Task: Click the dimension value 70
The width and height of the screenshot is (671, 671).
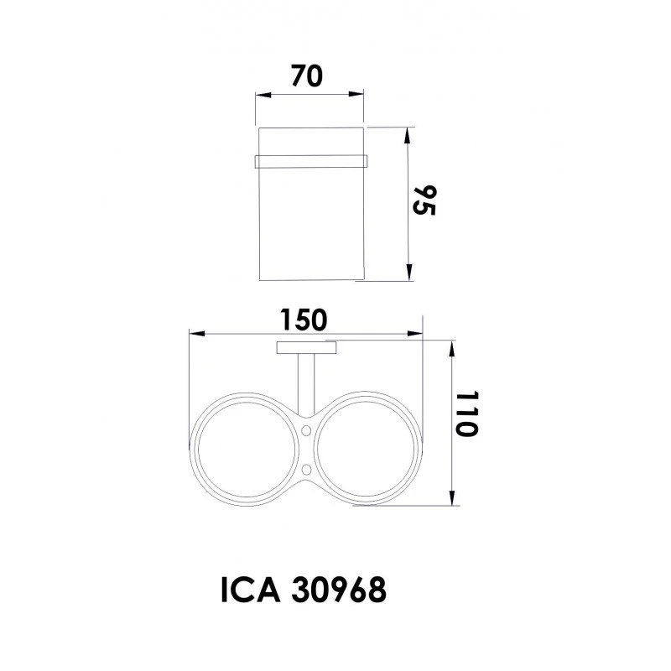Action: click(x=307, y=76)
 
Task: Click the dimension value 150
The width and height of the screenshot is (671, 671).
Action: click(x=304, y=319)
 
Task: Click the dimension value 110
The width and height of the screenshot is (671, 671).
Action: click(x=467, y=414)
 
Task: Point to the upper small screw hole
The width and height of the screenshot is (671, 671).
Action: click(x=307, y=430)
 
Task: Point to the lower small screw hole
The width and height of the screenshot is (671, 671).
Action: click(x=307, y=466)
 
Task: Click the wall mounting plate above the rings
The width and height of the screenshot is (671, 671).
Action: click(x=307, y=348)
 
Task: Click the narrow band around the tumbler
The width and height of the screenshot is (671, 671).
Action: click(x=311, y=159)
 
